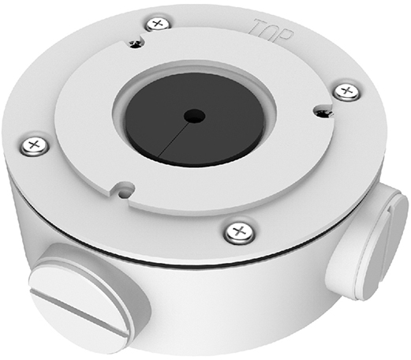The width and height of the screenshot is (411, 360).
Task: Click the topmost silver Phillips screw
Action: [x=158, y=24]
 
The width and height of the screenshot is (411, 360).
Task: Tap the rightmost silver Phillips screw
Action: [x=347, y=92]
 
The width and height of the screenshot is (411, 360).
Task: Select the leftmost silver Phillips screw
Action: [x=35, y=145]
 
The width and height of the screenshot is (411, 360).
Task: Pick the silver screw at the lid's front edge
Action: [x=239, y=232]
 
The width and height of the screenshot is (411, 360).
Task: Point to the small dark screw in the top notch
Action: [x=136, y=43]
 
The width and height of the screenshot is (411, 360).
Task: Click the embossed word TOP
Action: [x=271, y=31]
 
